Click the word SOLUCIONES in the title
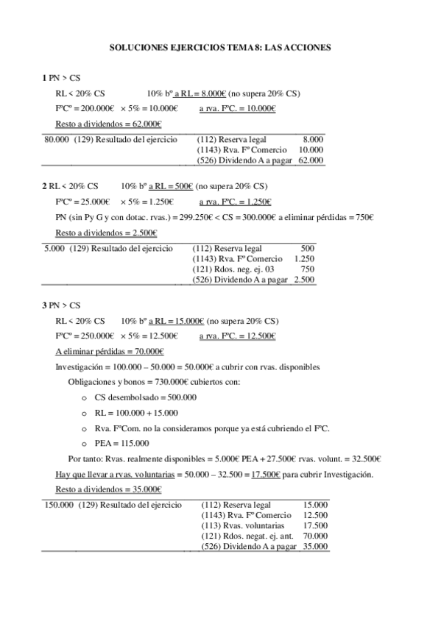[x=135, y=46]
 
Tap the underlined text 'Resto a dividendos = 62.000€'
[x=108, y=124]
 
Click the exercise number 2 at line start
[x=44, y=186]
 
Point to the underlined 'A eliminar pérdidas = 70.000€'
[x=109, y=351]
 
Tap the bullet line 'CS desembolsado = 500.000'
[x=145, y=397]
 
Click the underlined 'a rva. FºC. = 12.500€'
[x=238, y=336]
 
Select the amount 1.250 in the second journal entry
[x=304, y=259]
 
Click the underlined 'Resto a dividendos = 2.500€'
[x=106, y=233]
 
